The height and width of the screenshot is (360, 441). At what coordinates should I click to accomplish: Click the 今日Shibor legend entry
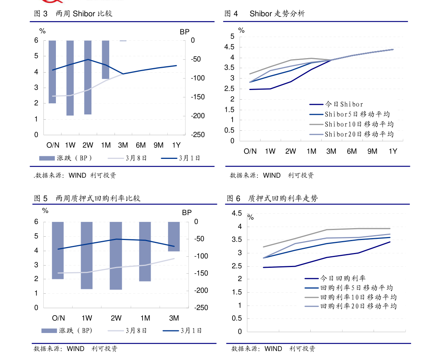(344, 105)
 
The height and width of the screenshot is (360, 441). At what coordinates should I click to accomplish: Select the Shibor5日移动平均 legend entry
(357, 114)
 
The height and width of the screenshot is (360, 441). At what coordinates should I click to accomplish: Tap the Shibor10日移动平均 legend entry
(359, 124)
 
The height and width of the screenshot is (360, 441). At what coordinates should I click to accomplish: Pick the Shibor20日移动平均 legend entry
(359, 134)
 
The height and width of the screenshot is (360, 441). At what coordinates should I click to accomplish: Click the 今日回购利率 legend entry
(343, 279)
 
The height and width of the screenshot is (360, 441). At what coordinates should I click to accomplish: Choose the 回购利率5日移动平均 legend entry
(357, 288)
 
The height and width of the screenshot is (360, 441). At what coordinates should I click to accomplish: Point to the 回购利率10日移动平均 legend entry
(358, 297)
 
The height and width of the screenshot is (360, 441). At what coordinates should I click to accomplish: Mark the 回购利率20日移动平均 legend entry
(358, 306)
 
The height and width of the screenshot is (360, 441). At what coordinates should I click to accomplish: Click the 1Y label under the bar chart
(177, 145)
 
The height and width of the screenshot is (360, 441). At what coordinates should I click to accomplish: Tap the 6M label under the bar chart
(141, 145)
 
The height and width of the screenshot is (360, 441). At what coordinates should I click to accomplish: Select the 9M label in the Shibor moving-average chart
(372, 151)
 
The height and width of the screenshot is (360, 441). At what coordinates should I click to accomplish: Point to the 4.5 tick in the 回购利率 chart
(237, 214)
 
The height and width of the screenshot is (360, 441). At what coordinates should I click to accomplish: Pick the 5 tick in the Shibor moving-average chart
(232, 36)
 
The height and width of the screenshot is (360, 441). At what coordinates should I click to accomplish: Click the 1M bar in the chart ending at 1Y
(106, 59)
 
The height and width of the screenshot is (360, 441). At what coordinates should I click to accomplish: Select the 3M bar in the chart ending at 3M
(174, 236)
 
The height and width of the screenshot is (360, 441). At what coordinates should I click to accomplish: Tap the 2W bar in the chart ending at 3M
(116, 256)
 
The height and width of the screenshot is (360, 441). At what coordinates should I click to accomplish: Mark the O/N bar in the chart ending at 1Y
(52, 71)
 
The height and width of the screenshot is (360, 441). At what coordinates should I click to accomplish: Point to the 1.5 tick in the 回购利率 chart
(237, 293)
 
